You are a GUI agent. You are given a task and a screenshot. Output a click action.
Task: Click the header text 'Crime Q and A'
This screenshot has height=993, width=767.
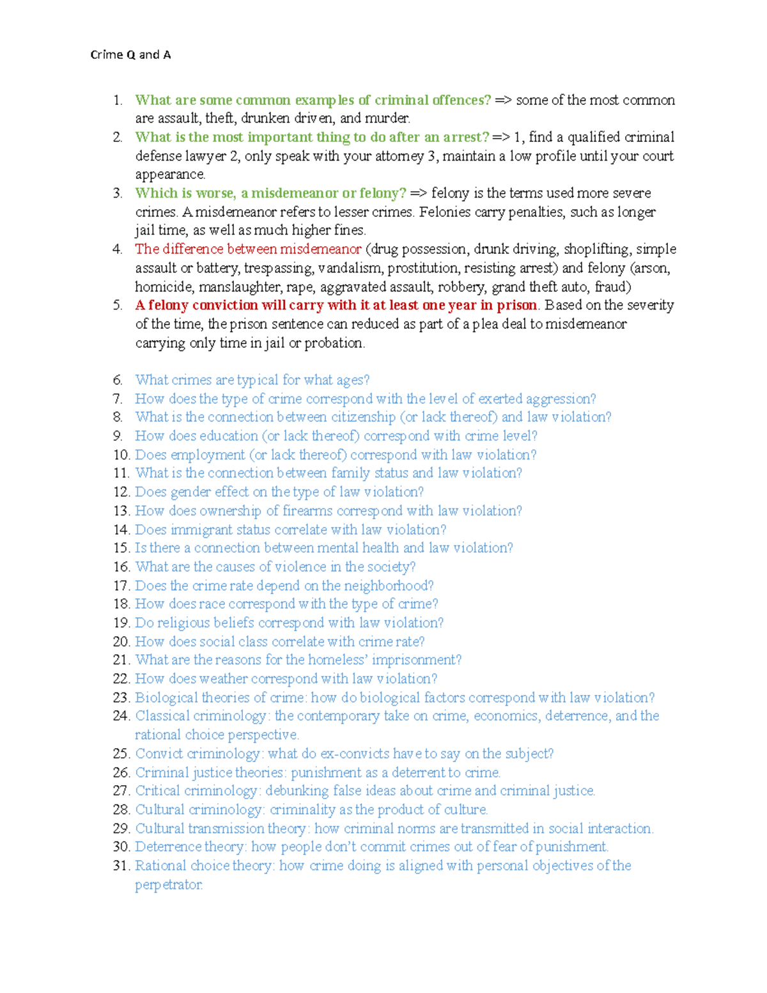pyautogui.click(x=130, y=55)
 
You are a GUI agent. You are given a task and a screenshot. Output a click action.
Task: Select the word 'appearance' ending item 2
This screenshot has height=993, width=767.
pyautogui.click(x=169, y=175)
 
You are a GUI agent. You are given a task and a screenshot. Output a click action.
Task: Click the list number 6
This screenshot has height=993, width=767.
pyautogui.click(x=118, y=380)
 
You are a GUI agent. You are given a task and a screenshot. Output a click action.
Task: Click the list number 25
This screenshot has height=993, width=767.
pyautogui.click(x=121, y=754)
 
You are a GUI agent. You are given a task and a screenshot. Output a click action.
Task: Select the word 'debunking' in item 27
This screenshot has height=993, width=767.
pyautogui.click(x=297, y=791)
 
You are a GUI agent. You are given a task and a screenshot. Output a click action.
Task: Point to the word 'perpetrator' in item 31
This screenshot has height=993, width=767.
pyautogui.click(x=168, y=885)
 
